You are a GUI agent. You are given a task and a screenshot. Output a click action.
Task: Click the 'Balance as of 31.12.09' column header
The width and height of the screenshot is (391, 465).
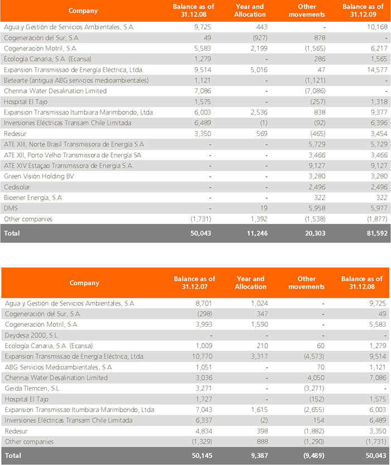pyautogui.click(x=363, y=11)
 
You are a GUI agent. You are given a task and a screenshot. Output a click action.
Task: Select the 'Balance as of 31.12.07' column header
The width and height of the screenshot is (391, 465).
pyautogui.click(x=194, y=283)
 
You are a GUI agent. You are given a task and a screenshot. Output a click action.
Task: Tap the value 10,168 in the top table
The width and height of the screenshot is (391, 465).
pyautogui.click(x=377, y=27)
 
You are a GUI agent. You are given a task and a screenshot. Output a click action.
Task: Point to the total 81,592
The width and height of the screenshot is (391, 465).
pyautogui.click(x=377, y=233)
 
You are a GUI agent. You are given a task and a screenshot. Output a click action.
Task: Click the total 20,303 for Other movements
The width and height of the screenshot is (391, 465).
pyautogui.click(x=315, y=233)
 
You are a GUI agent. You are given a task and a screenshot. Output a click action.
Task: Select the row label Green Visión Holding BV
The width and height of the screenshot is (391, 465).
pyautogui.click(x=39, y=176)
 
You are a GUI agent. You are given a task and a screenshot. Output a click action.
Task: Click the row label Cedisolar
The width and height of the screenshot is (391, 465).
pyautogui.click(x=17, y=187)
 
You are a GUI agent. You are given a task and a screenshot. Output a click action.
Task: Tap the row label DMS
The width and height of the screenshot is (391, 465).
pyautogui.click(x=11, y=208)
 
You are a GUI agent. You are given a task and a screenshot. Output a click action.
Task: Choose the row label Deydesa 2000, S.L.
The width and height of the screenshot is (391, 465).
pyautogui.click(x=32, y=335)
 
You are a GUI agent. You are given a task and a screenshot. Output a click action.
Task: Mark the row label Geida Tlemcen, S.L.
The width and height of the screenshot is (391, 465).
pyautogui.click(x=32, y=388)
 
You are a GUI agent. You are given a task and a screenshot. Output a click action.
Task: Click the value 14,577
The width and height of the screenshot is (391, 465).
pyautogui.click(x=377, y=70)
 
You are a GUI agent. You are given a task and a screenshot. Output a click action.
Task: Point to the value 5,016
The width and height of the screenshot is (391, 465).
pyautogui.click(x=259, y=70)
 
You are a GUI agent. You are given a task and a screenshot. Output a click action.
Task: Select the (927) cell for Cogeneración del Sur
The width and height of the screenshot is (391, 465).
pyautogui.click(x=260, y=37)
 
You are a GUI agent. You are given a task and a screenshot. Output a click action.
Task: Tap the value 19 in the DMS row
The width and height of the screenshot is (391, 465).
pyautogui.click(x=264, y=208)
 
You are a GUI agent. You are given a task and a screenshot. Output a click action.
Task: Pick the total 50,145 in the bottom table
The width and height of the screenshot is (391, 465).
pyautogui.click(x=202, y=455)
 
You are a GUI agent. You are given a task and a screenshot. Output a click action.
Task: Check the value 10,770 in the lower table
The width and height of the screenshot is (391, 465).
pyautogui.click(x=202, y=356)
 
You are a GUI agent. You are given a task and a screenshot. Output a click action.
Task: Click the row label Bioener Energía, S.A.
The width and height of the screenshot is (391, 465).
pyautogui.click(x=34, y=198)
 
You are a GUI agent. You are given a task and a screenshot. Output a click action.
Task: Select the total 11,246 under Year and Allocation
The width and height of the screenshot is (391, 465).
pyautogui.click(x=257, y=233)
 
